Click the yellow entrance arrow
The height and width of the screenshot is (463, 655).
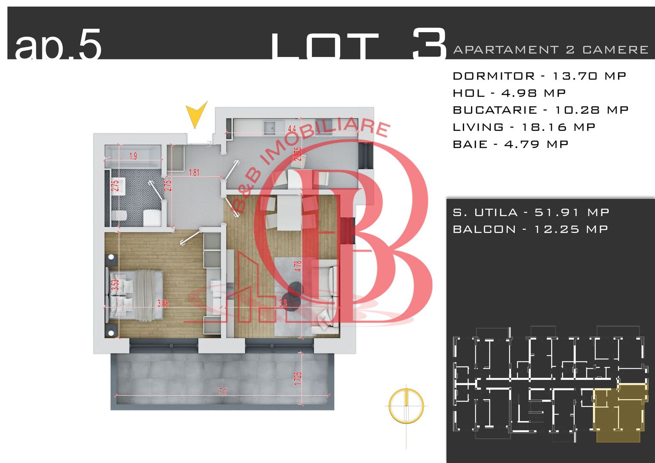tap(196, 115)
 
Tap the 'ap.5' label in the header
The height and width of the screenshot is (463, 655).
tap(58, 45)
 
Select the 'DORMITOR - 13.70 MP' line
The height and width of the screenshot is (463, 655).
tap(539, 76)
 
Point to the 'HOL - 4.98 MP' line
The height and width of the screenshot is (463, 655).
tap(509, 93)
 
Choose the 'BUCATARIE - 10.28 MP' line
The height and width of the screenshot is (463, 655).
tap(540, 110)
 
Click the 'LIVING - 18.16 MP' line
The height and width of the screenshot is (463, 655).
tap(524, 127)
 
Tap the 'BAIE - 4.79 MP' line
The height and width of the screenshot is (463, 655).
tap(510, 144)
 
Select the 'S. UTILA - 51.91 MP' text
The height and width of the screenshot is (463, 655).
tap(531, 212)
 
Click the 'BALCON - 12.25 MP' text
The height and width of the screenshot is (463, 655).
tap(530, 229)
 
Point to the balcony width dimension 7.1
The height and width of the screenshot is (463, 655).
tap(222, 391)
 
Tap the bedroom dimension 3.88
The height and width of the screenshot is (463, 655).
tap(163, 303)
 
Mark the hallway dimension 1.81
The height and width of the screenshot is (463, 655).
tap(194, 172)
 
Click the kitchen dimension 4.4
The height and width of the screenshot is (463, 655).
tap(292, 128)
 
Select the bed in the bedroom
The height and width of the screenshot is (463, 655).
tap(135, 295)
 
